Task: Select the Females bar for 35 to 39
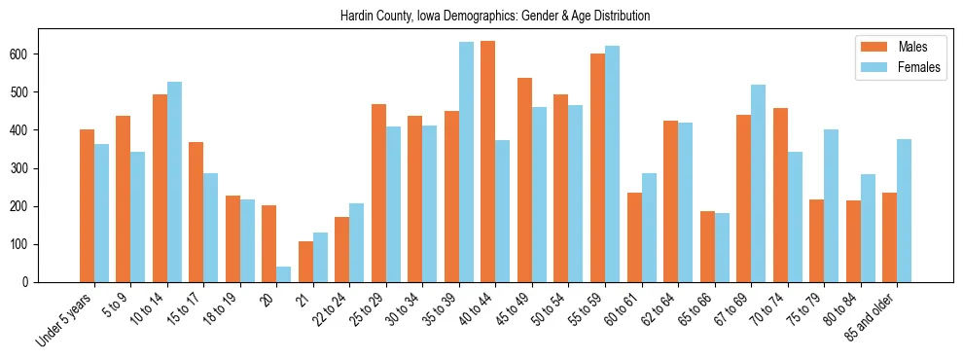tap(467, 162)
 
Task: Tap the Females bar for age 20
tap(284, 274)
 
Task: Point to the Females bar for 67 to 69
tap(759, 183)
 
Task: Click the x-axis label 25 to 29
tap(368, 307)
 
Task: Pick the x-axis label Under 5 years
tap(65, 317)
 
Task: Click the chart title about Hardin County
tap(495, 17)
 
